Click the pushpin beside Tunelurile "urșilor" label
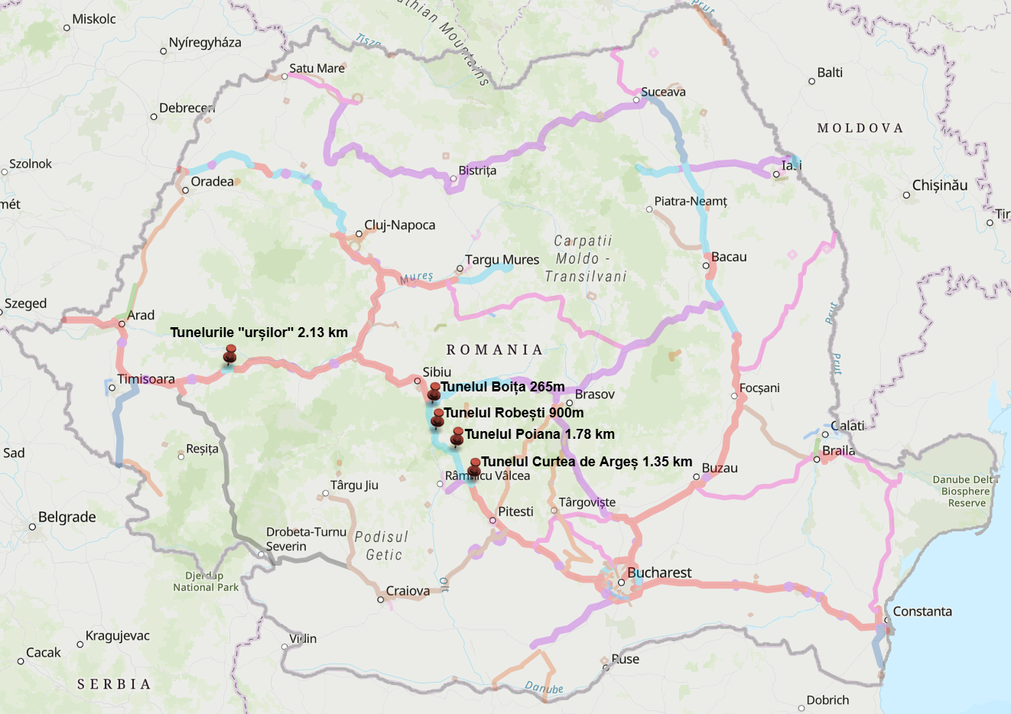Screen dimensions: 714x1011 [230, 355]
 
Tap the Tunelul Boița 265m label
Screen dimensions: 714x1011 [502, 387]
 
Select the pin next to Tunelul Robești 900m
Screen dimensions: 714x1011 [438, 418]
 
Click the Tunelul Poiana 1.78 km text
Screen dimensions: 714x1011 [539, 434]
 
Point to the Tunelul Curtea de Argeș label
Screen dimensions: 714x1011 [587, 462]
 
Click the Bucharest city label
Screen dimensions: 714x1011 [658, 573]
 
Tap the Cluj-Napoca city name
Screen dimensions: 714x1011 [399, 225]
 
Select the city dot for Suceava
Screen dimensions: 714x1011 [636, 100]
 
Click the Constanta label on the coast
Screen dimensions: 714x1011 [922, 612]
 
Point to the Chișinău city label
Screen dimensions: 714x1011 [939, 185]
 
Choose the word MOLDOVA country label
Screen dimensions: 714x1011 [860, 128]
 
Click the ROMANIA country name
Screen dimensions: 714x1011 [494, 350]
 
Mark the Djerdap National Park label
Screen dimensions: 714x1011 [206, 582]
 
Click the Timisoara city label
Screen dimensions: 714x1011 [146, 379]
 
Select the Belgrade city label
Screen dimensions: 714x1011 [67, 518]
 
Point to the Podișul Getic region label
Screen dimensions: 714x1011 [382, 546]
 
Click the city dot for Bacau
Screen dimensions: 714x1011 [706, 266]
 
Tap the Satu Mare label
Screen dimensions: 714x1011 [317, 69]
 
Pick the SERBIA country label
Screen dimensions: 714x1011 [114, 684]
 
